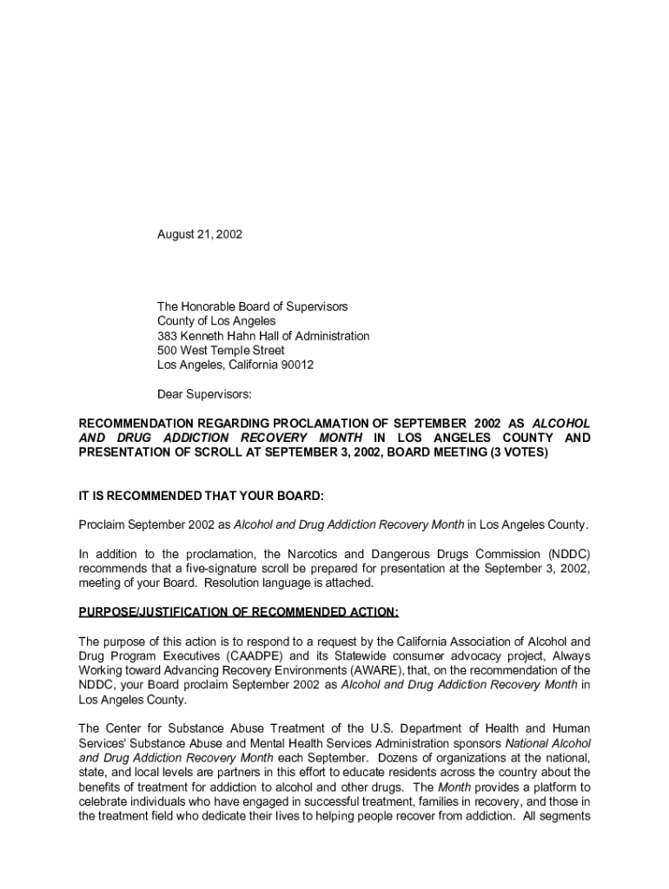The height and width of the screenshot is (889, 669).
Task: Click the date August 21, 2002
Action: coord(199,234)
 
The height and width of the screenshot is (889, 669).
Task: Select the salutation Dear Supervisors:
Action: coord(203,394)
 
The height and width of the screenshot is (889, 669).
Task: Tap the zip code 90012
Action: coord(296,365)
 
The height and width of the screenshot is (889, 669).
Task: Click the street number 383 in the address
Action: coord(167,335)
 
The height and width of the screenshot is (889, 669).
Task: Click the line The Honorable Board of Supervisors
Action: coord(252,306)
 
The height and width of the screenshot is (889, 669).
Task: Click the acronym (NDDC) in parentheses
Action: coord(568,554)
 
